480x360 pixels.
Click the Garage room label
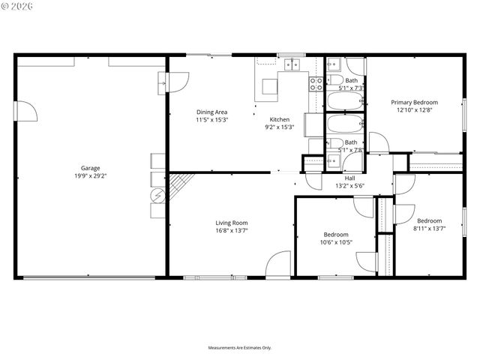pyautogui.click(x=91, y=168)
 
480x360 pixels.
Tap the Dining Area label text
pyautogui.click(x=211, y=112)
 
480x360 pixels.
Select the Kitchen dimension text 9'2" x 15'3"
pyautogui.click(x=280, y=127)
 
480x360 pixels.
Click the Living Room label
pyautogui.click(x=232, y=223)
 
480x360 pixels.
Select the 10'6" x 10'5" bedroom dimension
pyautogui.click(x=336, y=242)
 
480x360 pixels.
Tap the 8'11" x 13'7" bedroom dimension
pyautogui.click(x=429, y=229)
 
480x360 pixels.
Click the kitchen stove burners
pyautogui.click(x=316, y=83)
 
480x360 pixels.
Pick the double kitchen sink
pyautogui.click(x=293, y=64)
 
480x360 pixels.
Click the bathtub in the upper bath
pyautogui.click(x=345, y=100)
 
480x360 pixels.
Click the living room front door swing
pyautogui.click(x=278, y=264)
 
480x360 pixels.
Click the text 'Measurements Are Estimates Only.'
pyautogui.click(x=239, y=348)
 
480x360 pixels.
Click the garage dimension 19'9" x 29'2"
pyautogui.click(x=91, y=176)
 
